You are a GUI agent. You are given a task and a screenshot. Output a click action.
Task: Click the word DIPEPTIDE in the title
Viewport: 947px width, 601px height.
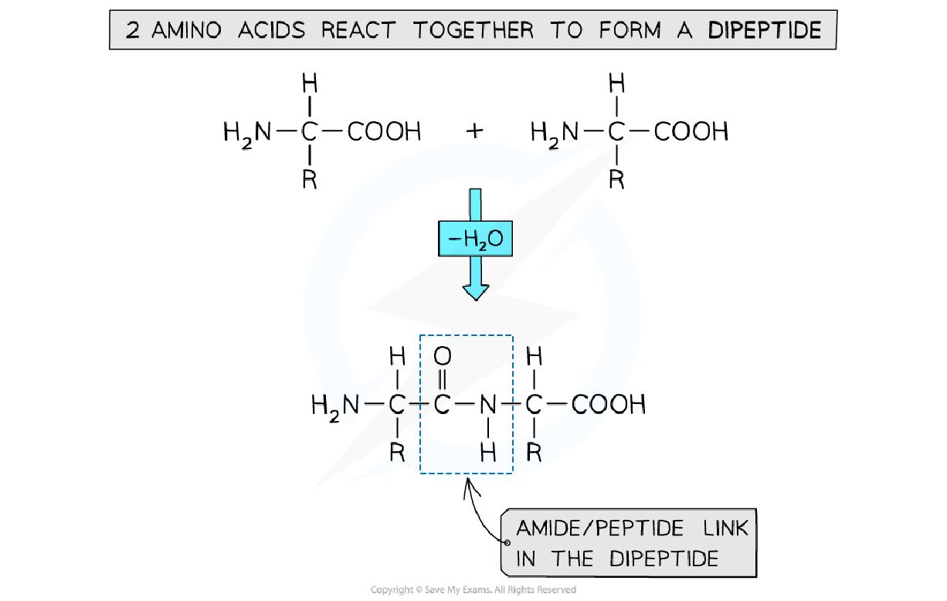click(765, 30)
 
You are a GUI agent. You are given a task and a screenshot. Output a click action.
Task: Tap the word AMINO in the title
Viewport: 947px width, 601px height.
click(187, 30)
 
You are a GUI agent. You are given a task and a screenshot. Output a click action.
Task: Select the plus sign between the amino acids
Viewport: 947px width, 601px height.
click(474, 131)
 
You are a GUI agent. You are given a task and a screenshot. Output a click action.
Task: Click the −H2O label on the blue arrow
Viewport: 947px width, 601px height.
click(475, 239)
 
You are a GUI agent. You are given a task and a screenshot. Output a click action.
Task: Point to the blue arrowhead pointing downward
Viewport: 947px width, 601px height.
click(475, 291)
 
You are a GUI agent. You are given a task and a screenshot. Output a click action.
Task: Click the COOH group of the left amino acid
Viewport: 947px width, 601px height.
click(384, 132)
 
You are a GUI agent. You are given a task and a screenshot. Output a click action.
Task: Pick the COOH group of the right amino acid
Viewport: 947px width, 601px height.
click(691, 132)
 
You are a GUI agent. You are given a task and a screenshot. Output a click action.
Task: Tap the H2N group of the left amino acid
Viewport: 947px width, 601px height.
click(247, 132)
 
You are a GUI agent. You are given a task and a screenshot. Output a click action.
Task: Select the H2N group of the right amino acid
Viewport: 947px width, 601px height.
click(555, 132)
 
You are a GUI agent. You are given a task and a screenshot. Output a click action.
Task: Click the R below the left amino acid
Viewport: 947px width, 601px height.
click(309, 180)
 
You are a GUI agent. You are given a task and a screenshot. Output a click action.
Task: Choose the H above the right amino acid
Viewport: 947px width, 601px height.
click(616, 83)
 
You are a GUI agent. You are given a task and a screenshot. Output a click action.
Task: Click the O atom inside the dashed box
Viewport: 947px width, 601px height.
click(443, 356)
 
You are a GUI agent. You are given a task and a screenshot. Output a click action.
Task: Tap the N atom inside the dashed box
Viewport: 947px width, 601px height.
click(487, 404)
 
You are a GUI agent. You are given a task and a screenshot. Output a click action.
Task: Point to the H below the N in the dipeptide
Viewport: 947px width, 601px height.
click(487, 453)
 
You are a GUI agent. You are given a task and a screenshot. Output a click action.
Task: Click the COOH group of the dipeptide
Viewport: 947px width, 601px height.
click(608, 404)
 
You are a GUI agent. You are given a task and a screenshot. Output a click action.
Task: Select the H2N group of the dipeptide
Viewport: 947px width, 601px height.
click(335, 404)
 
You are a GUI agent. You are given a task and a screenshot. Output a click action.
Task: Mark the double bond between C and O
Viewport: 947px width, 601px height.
click(443, 380)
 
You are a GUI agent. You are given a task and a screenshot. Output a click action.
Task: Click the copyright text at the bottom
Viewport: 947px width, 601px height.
click(473, 590)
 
